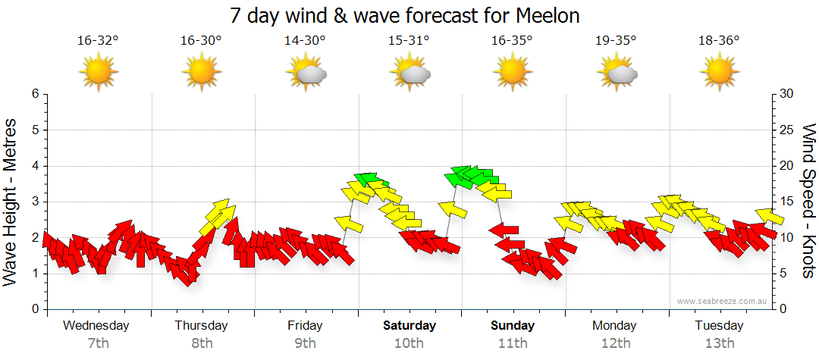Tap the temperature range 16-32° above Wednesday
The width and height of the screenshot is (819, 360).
coord(99,41)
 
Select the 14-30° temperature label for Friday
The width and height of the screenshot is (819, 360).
coord(305,41)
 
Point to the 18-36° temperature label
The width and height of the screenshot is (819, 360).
coord(719,41)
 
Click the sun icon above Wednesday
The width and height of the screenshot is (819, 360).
coord(99,73)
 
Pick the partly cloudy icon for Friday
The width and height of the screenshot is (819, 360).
coord(306,74)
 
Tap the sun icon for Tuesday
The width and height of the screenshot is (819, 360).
coord(719,73)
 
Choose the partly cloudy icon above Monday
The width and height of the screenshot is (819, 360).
coord(617,74)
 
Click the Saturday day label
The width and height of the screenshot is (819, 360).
coord(409,326)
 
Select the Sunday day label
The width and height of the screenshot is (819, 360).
coord(513,326)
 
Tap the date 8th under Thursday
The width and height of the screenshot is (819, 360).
coord(202,343)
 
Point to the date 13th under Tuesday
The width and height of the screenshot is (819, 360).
coord(719,343)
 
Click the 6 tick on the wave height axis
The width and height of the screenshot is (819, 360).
coord(34,94)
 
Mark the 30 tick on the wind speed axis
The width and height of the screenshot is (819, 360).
coord(787,94)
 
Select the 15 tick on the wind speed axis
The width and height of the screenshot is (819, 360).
coord(787,202)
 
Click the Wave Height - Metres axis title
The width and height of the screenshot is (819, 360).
coord(11,201)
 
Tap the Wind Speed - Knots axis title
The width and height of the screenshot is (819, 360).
coord(808,201)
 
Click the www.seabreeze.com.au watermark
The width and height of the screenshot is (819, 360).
coord(723,301)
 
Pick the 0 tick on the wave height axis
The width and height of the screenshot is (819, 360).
coord(34,309)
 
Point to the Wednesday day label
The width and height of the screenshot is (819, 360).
coord(96,326)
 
